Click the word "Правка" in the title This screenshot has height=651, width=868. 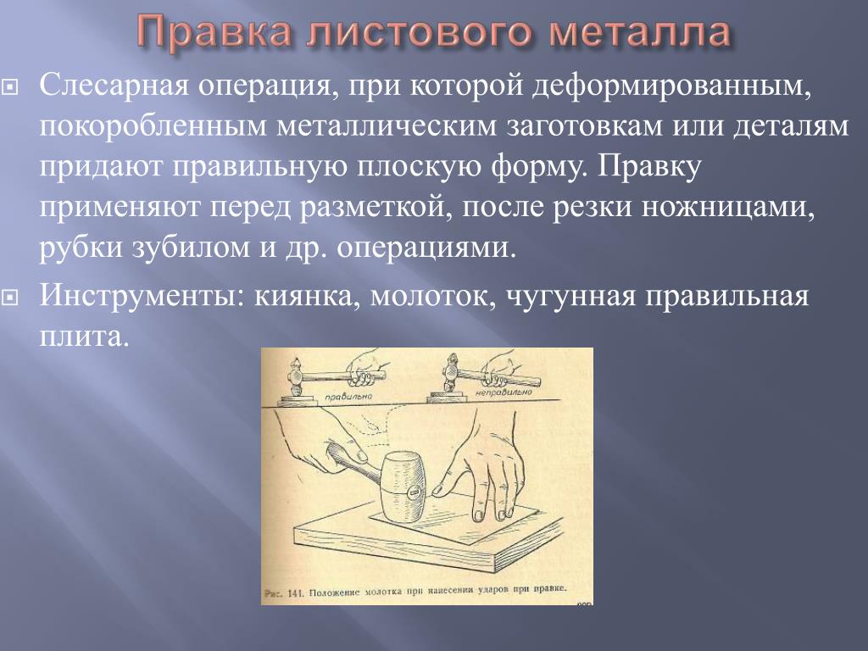point(213,32)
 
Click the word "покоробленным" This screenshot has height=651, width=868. point(153,126)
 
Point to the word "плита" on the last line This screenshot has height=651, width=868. point(84,337)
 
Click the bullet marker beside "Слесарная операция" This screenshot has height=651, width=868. point(10,87)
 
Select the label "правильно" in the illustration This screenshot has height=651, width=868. point(348,397)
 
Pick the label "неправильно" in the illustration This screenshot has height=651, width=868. point(504,392)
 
